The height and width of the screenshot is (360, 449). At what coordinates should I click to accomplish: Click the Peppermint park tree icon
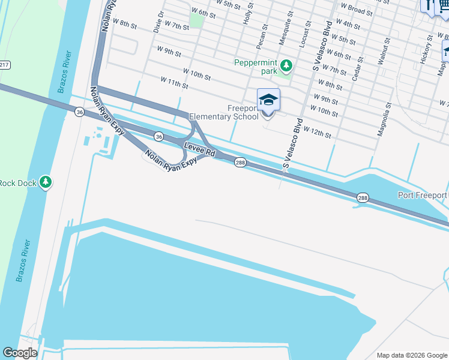[x=287, y=65]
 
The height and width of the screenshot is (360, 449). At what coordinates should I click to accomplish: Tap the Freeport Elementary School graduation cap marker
[x=268, y=100]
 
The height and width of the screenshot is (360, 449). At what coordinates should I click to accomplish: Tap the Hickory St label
[x=426, y=49]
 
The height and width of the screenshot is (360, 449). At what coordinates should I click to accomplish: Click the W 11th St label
[x=174, y=82]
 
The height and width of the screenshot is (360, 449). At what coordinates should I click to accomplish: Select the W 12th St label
[x=317, y=132]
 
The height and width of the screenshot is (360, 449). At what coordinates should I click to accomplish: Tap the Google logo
[x=20, y=353]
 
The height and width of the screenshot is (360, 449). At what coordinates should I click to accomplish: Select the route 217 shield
[x=4, y=64]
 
